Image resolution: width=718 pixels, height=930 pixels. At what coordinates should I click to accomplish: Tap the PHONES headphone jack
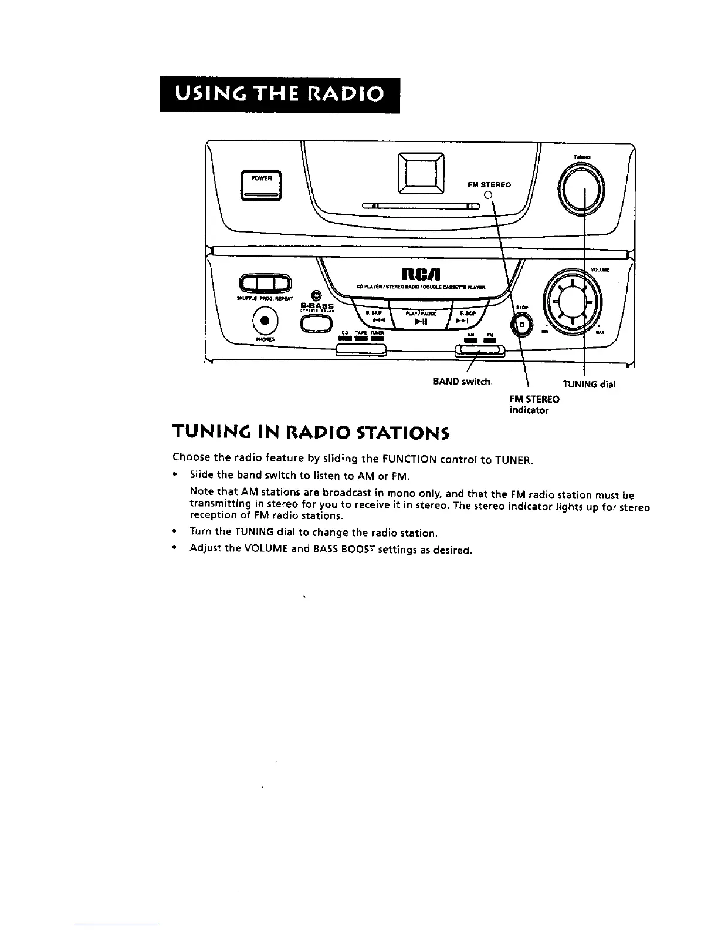point(264,321)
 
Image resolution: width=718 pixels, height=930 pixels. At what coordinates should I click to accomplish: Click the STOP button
point(520,324)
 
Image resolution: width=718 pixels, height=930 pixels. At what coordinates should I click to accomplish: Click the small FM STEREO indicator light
point(487,196)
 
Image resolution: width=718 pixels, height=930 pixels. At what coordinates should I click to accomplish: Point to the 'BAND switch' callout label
point(461,382)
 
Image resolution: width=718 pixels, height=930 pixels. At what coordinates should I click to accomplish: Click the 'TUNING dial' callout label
point(589,385)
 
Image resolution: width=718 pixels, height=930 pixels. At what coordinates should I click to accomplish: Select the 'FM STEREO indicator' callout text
point(534,405)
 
